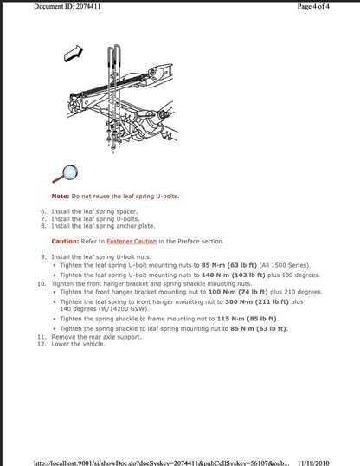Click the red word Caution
[65, 241]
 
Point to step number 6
[43, 211]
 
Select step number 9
[43, 256]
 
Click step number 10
[42, 283]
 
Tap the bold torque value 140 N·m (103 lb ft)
[235, 274]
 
